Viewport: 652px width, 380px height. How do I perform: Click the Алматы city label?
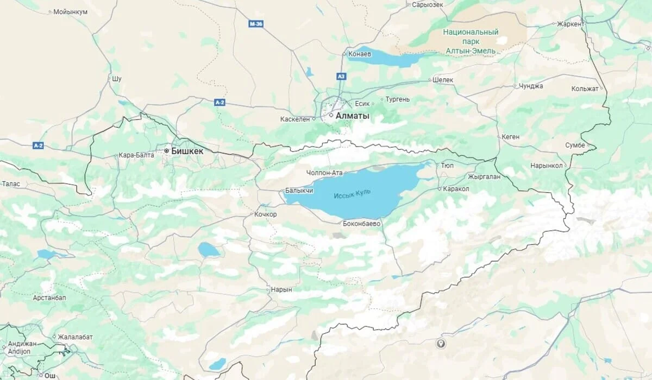click(352, 116)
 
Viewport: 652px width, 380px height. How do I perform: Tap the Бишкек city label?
click(187, 151)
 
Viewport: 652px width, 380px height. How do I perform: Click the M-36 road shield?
click(256, 24)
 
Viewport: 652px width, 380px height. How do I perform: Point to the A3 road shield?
click(341, 77)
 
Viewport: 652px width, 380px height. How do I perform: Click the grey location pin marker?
click(441, 343)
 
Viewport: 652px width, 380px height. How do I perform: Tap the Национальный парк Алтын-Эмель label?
click(471, 41)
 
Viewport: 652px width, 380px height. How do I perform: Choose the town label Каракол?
click(456, 188)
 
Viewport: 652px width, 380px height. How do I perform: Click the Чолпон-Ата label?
click(324, 173)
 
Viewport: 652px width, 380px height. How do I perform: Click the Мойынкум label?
click(71, 11)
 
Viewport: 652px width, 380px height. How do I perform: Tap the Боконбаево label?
click(362, 223)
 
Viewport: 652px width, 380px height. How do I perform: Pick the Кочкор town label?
click(265, 214)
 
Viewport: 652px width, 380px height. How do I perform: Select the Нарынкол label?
click(547, 166)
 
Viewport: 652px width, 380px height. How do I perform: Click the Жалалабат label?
click(75, 337)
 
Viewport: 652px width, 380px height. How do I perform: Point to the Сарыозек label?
click(428, 4)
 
